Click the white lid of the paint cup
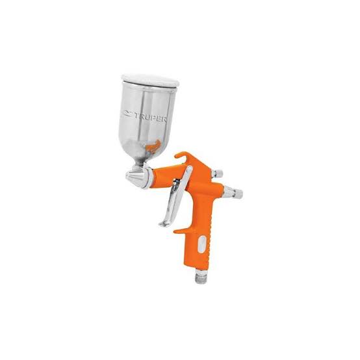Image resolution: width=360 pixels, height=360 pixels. pyautogui.click(x=150, y=80)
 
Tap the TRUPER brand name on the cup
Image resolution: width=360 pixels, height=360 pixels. pyautogui.click(x=151, y=116)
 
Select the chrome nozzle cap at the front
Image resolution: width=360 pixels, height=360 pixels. pyautogui.click(x=135, y=176)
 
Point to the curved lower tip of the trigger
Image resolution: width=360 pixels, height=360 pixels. pyautogui.click(x=163, y=224)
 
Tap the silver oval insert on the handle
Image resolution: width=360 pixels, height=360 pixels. pyautogui.click(x=201, y=244)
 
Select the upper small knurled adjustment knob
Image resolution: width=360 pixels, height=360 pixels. pyautogui.click(x=218, y=173)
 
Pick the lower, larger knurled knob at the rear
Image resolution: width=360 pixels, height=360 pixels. pyautogui.click(x=233, y=192)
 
